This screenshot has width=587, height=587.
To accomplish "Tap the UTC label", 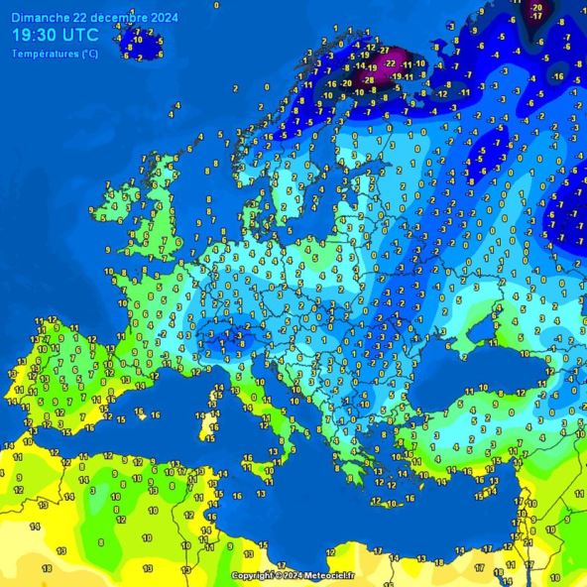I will coord(80,35).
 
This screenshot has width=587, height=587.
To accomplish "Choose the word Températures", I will coord(46,54).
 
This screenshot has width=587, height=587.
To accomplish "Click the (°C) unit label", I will coord(89,54).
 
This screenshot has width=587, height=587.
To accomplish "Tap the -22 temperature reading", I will coord(391,62).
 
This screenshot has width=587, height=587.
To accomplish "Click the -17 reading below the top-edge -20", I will coord(536,17).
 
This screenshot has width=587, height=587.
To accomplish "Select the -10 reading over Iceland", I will coord(138,40).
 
